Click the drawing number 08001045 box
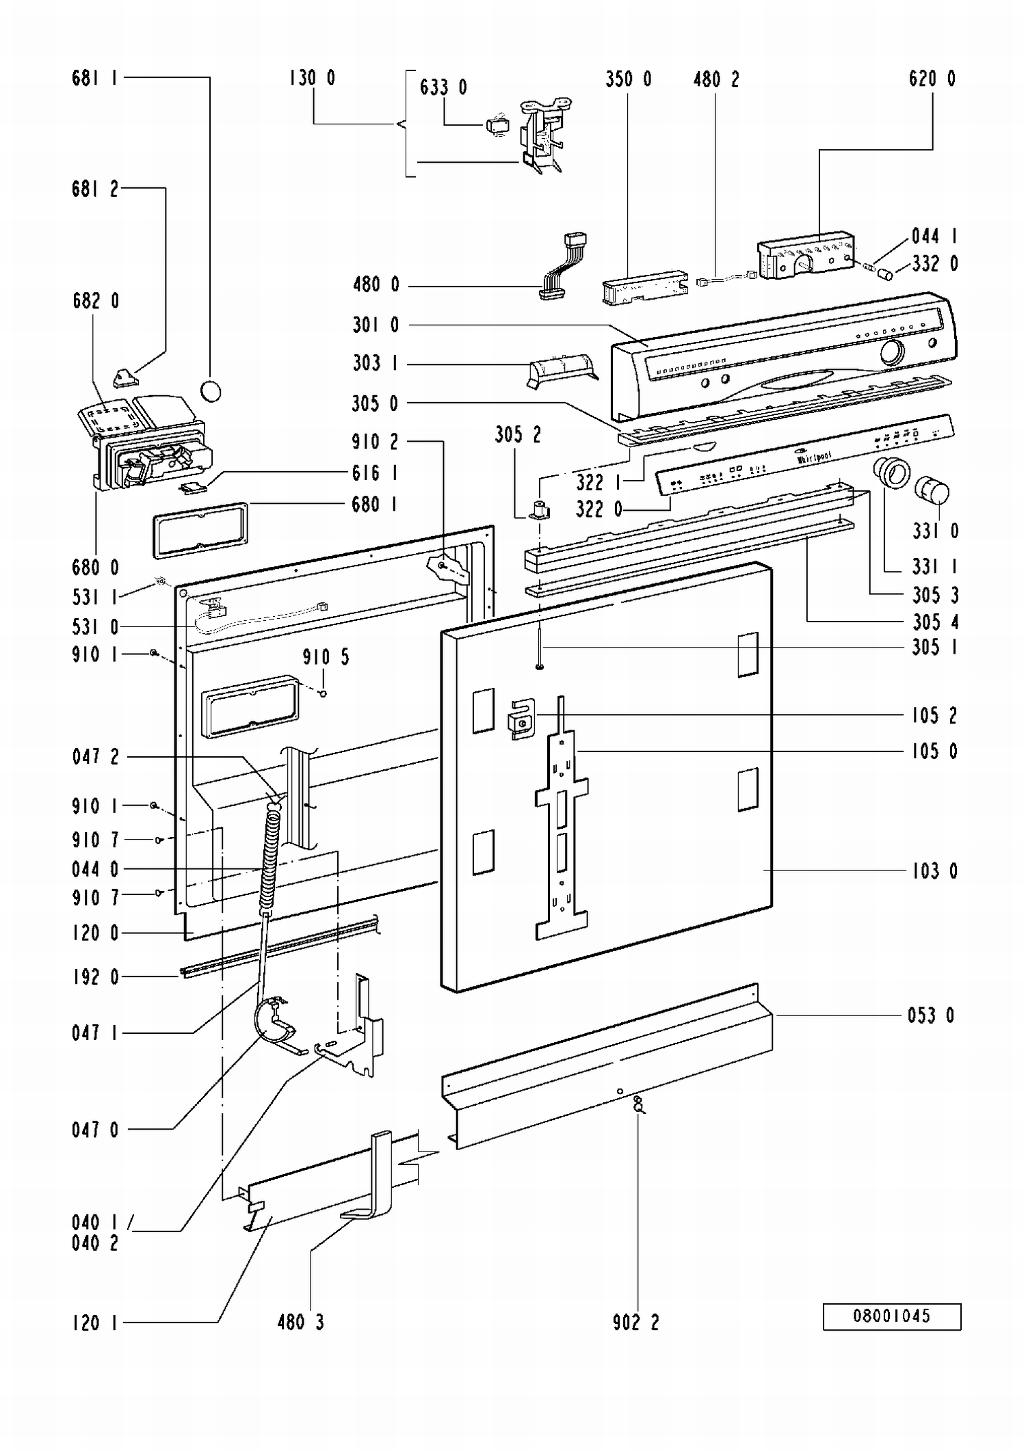click(891, 1316)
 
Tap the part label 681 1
click(95, 78)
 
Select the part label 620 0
click(932, 79)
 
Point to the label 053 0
click(931, 1015)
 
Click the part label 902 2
click(635, 1322)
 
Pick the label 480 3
click(300, 1322)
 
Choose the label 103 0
click(934, 870)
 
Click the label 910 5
click(326, 657)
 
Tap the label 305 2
click(518, 435)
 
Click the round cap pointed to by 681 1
click(211, 391)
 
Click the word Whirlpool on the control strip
click(815, 457)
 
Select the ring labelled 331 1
click(891, 472)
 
